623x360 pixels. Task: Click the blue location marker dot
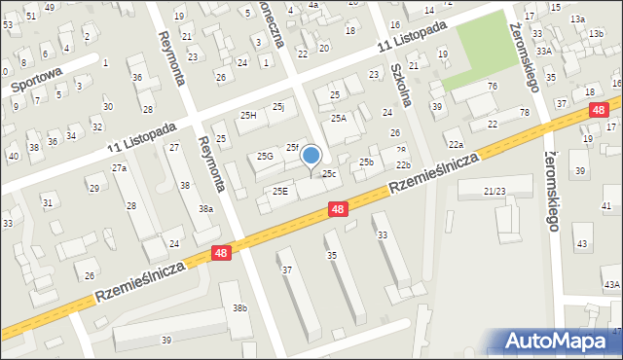(311, 155)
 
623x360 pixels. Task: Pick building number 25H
(247, 116)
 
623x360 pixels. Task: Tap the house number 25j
(278, 106)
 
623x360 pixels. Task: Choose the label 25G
(265, 156)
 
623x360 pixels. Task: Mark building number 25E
(279, 191)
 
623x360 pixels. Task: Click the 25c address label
(330, 174)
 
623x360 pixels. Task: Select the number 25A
(338, 118)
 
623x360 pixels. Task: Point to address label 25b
(366, 162)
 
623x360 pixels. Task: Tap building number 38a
(206, 208)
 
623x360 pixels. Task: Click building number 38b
(239, 308)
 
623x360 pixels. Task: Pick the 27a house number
(119, 168)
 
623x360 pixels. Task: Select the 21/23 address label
(495, 192)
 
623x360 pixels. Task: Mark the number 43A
(611, 284)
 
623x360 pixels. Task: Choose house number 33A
(543, 51)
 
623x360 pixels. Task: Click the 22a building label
(456, 144)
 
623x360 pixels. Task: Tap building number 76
(493, 87)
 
